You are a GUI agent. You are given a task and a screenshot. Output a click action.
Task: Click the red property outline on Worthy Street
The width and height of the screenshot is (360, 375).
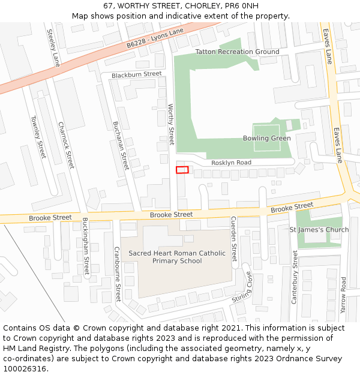pyautogui.click(x=182, y=170)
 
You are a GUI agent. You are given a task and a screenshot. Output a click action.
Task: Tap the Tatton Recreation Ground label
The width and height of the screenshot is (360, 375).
pyautogui.click(x=237, y=52)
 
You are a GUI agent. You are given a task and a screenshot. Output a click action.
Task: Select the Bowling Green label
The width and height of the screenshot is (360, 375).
pyautogui.click(x=266, y=139)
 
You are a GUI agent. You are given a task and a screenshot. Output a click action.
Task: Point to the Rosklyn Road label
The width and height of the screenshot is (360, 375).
pyautogui.click(x=230, y=163)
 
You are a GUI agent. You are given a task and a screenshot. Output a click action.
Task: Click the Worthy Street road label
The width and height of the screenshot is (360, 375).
pyautogui.click(x=171, y=124)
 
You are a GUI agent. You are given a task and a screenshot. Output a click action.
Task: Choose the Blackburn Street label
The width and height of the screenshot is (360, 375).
pyautogui.click(x=136, y=74)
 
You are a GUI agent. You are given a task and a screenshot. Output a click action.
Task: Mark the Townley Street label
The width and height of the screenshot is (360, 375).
pyautogui.click(x=38, y=137)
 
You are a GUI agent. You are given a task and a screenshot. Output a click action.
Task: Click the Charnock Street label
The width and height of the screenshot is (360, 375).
pyautogui.click(x=66, y=145)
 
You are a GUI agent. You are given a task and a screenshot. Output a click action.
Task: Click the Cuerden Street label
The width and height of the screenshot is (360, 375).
pyautogui.click(x=234, y=243)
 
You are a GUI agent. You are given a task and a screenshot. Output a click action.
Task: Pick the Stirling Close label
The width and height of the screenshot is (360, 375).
pyautogui.click(x=242, y=287)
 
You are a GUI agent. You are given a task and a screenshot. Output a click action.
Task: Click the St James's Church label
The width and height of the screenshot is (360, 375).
pyautogui.click(x=319, y=230)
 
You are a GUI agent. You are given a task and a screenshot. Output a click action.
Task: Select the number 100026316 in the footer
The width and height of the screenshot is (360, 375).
pyautogui.click(x=24, y=369)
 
